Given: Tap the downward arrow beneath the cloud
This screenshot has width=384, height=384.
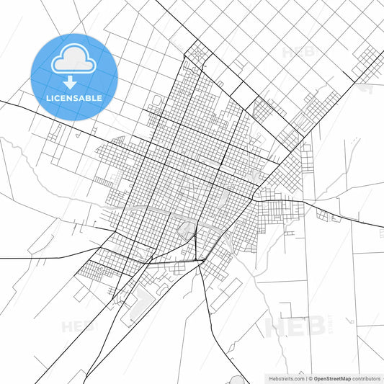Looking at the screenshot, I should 73,83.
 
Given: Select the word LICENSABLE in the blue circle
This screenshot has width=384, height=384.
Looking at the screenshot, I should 73,98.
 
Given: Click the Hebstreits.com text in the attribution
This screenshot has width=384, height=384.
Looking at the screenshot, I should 285,378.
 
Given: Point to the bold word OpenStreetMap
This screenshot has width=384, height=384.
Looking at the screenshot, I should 331,378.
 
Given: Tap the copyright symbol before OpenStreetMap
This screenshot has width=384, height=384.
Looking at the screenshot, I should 309,378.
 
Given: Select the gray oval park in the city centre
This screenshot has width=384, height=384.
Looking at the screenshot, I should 187,231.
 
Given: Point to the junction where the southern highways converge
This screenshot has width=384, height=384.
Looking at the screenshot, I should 205,259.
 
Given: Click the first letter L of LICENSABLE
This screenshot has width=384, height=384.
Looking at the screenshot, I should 48,98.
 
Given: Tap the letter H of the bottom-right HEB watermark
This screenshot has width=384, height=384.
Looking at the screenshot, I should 277,326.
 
